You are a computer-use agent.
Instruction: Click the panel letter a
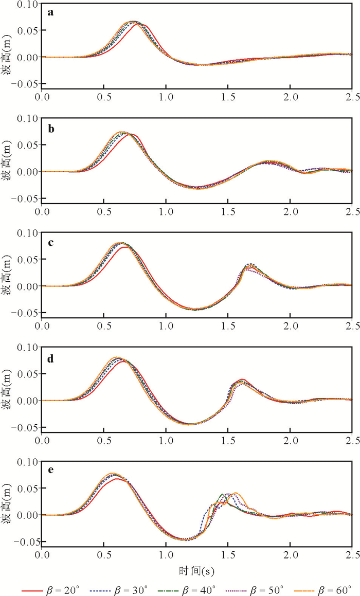tap(50, 13)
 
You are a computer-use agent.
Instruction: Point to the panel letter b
tap(50, 127)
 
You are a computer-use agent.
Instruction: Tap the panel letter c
tap(50, 242)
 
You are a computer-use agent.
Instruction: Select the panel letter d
tap(50, 356)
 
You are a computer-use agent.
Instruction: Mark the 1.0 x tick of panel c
tap(166, 326)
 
